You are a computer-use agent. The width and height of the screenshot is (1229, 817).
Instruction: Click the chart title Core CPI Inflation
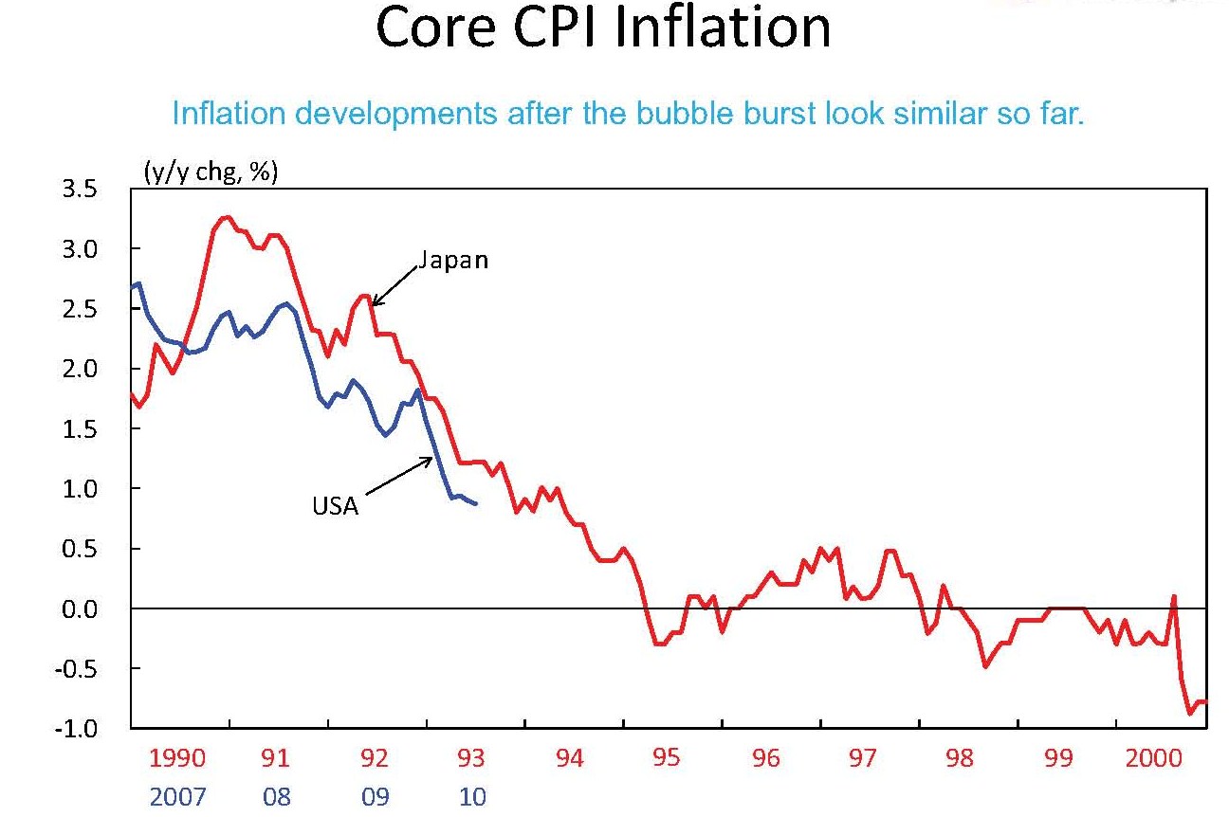603,28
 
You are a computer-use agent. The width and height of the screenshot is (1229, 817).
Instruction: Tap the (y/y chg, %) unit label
210,173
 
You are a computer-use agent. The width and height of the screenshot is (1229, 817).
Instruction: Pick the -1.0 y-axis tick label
78,728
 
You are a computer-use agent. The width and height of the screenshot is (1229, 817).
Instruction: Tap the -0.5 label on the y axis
78,668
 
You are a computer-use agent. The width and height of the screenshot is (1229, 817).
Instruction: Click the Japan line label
453,260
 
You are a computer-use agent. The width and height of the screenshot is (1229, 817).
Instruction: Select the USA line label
336,506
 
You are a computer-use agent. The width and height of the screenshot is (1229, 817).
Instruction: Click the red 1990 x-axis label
177,758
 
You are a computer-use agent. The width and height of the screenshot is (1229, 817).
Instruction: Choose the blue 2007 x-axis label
177,796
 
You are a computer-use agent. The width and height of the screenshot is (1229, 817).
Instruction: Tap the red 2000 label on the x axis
1154,758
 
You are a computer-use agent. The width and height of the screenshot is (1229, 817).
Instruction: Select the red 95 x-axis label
668,758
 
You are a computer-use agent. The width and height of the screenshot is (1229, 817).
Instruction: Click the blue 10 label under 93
472,796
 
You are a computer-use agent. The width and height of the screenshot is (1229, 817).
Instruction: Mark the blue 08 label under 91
277,796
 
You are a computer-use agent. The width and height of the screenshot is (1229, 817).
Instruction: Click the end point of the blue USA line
476,504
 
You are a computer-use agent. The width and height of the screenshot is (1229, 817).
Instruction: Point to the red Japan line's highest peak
226,217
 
